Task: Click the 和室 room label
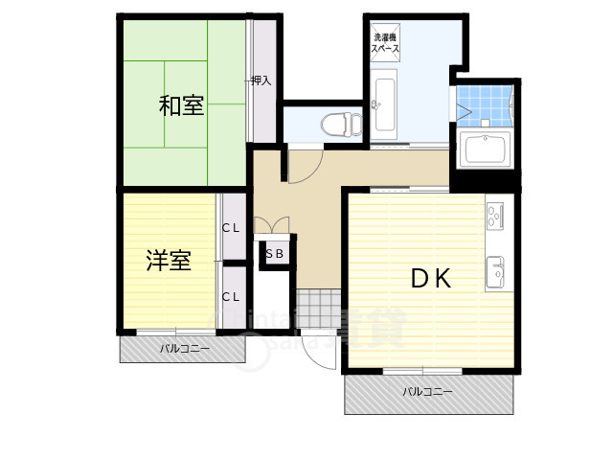(181, 106)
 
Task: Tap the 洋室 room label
(169, 260)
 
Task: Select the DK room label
(431, 278)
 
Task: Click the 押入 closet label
(261, 81)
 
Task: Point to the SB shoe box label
(274, 254)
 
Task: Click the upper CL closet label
(231, 228)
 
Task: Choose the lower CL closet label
(231, 297)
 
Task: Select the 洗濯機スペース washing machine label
(386, 43)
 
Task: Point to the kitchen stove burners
(496, 218)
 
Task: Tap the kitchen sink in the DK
(498, 271)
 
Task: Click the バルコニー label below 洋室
(184, 349)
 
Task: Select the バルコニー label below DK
(427, 391)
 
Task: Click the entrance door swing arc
(316, 353)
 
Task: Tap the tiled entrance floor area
(316, 309)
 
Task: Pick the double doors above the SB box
(273, 227)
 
